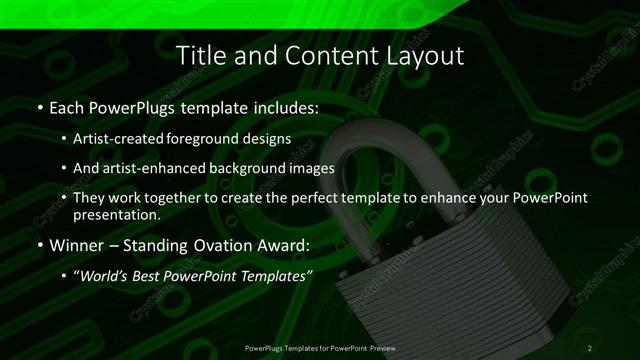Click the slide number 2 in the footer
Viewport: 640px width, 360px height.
pos(590,347)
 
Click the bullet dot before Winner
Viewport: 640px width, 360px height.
pos(39,245)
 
